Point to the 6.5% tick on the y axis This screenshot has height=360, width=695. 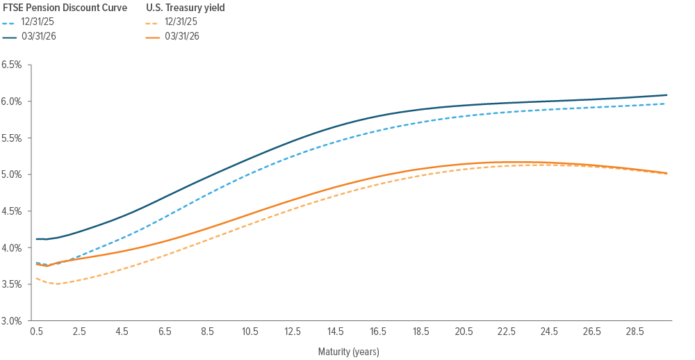coord(13,65)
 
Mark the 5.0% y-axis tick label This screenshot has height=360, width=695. coord(13,174)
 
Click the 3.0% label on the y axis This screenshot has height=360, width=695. coord(13,321)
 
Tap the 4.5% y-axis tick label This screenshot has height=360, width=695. coord(13,211)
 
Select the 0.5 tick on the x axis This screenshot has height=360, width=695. coord(36,333)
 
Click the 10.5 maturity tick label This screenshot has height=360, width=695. coord(250,333)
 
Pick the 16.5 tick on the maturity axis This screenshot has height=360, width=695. coord(378,333)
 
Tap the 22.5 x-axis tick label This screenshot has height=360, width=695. coord(507,333)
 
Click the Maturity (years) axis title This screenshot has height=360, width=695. coord(349,352)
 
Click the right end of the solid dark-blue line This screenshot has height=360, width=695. coord(667,95)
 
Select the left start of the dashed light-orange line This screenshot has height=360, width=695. coord(36,278)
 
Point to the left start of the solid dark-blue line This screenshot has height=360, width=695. coord(36,239)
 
